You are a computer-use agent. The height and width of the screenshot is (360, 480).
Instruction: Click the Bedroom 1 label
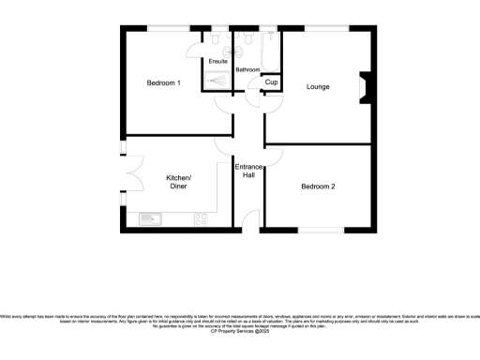click(x=164, y=83)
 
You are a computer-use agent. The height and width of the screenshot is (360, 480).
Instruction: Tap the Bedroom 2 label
click(x=318, y=187)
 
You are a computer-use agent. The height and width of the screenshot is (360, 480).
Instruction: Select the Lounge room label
click(x=318, y=87)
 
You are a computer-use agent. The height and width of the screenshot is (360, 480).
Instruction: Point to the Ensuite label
click(x=217, y=62)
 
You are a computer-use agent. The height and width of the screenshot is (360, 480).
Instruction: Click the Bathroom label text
click(x=247, y=70)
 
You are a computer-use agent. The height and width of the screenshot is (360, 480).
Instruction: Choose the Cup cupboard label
click(x=272, y=83)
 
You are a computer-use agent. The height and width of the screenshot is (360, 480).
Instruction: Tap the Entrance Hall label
click(x=248, y=171)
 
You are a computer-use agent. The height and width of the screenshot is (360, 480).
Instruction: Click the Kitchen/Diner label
click(x=178, y=182)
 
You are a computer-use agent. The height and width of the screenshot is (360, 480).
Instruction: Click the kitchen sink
click(x=150, y=219)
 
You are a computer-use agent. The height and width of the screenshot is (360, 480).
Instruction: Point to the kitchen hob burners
click(x=201, y=219)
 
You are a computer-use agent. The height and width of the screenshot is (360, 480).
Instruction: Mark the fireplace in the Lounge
click(x=365, y=87)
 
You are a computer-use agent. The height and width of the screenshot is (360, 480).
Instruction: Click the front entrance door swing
click(x=251, y=221)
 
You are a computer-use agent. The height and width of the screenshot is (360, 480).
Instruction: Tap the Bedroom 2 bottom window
click(x=320, y=230)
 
